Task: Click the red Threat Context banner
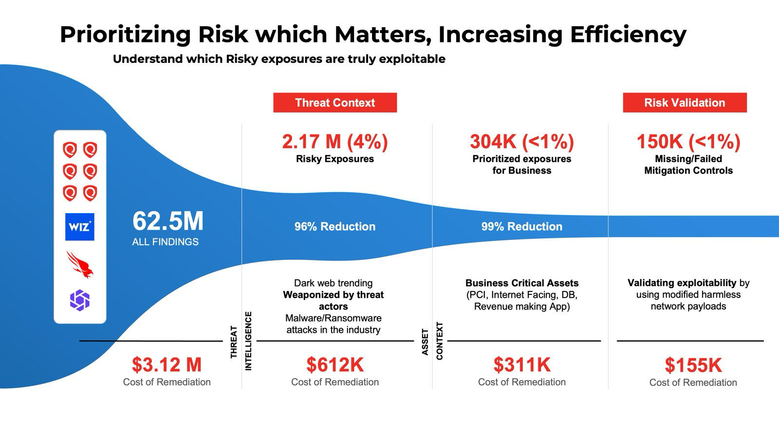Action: click(x=335, y=103)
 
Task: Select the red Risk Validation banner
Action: click(x=685, y=103)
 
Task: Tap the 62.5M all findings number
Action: click(x=168, y=221)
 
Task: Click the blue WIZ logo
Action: click(x=80, y=227)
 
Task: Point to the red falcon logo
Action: click(x=80, y=264)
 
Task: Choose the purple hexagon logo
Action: click(x=80, y=300)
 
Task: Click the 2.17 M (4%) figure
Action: click(x=335, y=142)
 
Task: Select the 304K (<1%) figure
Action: click(x=522, y=142)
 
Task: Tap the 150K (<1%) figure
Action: click(x=688, y=142)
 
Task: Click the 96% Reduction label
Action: click(x=335, y=226)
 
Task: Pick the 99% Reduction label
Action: click(x=522, y=226)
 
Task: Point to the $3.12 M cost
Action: click(x=167, y=365)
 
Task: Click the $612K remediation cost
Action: click(x=335, y=365)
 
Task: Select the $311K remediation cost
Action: click(x=522, y=365)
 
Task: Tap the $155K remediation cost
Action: click(x=693, y=365)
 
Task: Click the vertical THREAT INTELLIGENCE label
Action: click(x=241, y=341)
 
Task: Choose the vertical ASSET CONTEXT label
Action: click(x=432, y=341)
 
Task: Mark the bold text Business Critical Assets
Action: click(x=522, y=283)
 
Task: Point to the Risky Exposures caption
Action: click(x=335, y=159)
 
